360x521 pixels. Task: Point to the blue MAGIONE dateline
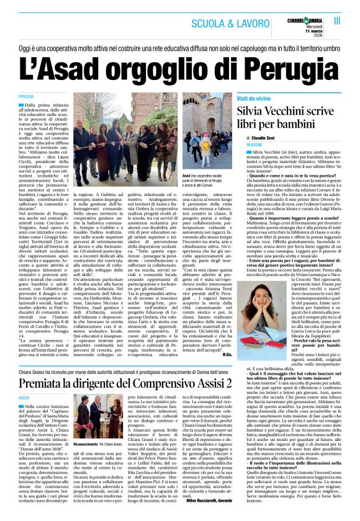(x=255, y=144)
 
